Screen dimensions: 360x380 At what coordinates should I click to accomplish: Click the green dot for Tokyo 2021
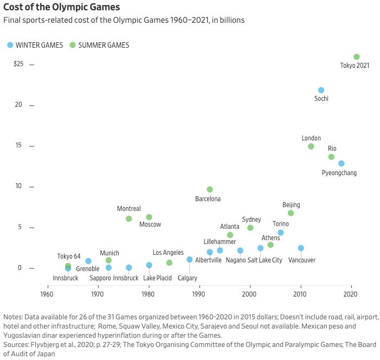tap(356, 57)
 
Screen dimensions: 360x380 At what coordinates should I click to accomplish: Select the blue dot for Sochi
tap(321, 90)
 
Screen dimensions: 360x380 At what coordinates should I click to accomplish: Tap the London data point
tap(311, 146)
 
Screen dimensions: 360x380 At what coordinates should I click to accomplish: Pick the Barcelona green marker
tap(210, 190)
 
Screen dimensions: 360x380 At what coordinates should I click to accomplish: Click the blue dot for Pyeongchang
tap(341, 163)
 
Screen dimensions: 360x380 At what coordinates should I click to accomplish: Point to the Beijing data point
tap(291, 213)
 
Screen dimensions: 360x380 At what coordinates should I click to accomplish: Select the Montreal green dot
tap(128, 219)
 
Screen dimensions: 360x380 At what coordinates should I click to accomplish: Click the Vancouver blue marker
tap(301, 248)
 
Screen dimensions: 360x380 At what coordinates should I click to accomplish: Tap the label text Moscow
tap(150, 224)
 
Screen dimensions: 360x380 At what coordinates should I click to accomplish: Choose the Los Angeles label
tap(168, 253)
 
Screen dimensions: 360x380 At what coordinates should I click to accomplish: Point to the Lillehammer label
tap(220, 241)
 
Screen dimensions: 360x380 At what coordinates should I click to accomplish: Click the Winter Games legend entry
tap(36, 45)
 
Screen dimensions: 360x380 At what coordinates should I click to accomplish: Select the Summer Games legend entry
tap(104, 45)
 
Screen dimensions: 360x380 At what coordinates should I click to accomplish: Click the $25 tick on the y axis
tap(18, 64)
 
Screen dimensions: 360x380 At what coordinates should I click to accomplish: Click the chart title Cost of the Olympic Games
tap(62, 8)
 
